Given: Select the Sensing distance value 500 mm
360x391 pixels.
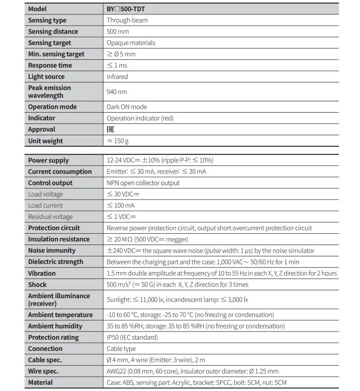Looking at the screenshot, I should click(118, 32).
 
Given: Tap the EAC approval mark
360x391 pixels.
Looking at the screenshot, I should click(110, 129).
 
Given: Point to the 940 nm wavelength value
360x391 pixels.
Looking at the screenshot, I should click(117, 91).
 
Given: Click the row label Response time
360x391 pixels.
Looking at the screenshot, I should click(50, 65).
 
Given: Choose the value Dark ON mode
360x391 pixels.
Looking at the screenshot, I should click(127, 107).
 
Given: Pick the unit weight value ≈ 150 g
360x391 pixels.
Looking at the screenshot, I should click(118, 141).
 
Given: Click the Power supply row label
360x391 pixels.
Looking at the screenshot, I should click(48, 160).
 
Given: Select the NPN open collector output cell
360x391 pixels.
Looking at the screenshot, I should click(143, 183).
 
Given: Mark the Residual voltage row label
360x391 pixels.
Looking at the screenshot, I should click(50, 217).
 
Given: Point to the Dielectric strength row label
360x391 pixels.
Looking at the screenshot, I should click(55, 262).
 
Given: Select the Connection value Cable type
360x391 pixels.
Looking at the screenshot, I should click(121, 349).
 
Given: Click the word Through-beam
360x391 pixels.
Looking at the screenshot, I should click(127, 20).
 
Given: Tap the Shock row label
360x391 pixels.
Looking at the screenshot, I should click(37, 285).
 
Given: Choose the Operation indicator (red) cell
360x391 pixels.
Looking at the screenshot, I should click(140, 118).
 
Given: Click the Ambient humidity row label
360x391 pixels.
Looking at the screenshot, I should click(55, 326).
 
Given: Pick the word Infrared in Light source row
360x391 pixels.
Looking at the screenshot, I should click(117, 77).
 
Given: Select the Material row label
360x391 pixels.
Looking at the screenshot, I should click(41, 382).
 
